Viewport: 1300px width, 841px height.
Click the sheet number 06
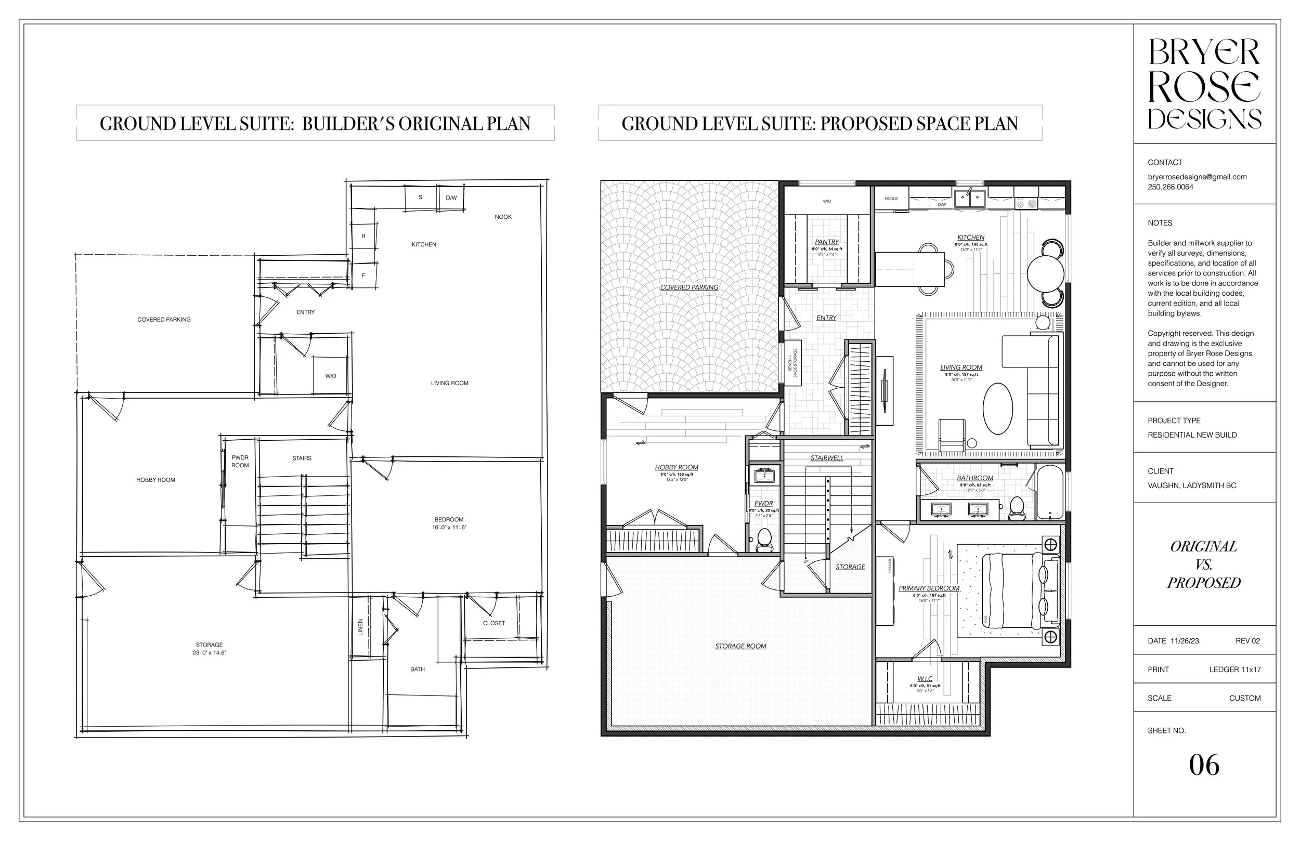1204,766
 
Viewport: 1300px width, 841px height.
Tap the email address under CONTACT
1197,177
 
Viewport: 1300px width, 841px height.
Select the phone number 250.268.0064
1170,187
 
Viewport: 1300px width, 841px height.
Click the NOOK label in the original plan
503,217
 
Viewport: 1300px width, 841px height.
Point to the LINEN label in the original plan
360,627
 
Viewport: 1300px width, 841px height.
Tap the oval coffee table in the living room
997,409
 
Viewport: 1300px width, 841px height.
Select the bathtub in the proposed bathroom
1049,492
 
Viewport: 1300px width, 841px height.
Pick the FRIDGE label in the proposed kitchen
891,199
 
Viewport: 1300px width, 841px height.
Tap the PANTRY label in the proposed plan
826,242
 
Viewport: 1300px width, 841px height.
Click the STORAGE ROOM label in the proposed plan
740,646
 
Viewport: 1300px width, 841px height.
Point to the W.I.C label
925,679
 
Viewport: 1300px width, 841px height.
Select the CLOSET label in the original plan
494,623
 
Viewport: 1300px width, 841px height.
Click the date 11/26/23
1185,640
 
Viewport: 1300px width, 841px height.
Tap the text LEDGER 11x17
1235,669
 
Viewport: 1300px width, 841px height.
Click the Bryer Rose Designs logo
1204,84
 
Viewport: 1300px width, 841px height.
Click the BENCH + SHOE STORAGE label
792,363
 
